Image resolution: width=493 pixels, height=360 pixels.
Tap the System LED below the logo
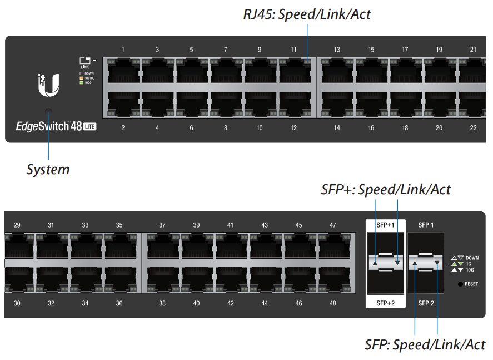click(48, 111)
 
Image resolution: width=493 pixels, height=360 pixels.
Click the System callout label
click(48, 169)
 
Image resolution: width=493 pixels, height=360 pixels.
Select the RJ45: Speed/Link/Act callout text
click(307, 14)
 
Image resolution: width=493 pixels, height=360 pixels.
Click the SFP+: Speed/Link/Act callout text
click(386, 189)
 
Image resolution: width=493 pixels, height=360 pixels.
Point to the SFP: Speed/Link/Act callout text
click(425, 344)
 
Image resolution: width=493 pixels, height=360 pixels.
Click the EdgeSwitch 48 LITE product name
click(56, 127)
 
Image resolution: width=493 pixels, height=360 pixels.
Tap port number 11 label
click(293, 50)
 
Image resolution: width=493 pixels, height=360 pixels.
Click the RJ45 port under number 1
click(123, 71)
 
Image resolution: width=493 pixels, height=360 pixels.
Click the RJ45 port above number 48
click(333, 280)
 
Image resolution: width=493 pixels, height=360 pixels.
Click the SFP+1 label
click(385, 225)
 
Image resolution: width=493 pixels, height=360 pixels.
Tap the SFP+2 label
click(385, 303)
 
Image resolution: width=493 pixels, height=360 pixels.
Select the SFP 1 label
click(426, 225)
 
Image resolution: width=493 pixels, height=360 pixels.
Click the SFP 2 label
click(426, 303)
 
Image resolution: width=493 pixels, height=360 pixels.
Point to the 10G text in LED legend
click(470, 270)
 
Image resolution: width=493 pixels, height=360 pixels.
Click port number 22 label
click(473, 128)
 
